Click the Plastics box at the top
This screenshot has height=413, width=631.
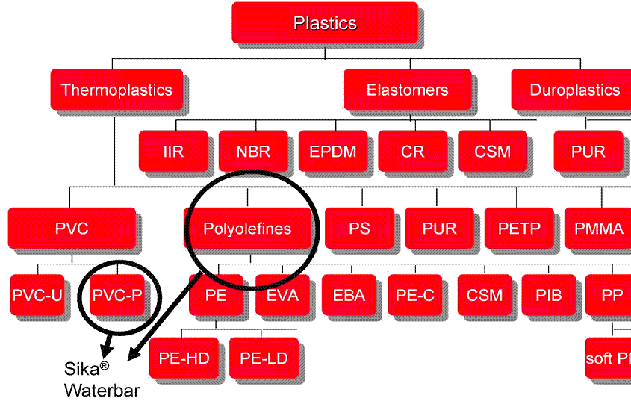(x=325, y=23)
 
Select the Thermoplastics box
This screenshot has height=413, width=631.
(x=116, y=90)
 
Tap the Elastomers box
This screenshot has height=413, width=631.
(x=407, y=90)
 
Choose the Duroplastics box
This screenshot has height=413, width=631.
(x=574, y=90)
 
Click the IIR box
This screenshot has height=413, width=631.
(x=173, y=152)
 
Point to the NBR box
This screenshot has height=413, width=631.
(x=253, y=152)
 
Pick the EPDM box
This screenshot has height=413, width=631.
(x=333, y=152)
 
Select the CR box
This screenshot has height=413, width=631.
(x=412, y=152)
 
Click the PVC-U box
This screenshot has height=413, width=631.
(x=37, y=295)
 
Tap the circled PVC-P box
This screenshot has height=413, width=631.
(x=116, y=295)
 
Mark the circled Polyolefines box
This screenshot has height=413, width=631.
(x=248, y=229)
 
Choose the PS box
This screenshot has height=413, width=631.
(x=359, y=229)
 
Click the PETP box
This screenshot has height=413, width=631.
(x=519, y=229)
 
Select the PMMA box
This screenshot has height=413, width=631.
(x=597, y=229)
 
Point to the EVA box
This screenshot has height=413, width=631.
(x=282, y=295)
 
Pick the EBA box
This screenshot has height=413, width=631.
(x=349, y=295)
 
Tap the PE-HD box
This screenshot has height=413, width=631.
(x=184, y=358)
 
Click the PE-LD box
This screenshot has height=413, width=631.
(x=264, y=358)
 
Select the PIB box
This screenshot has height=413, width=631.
(x=548, y=295)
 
